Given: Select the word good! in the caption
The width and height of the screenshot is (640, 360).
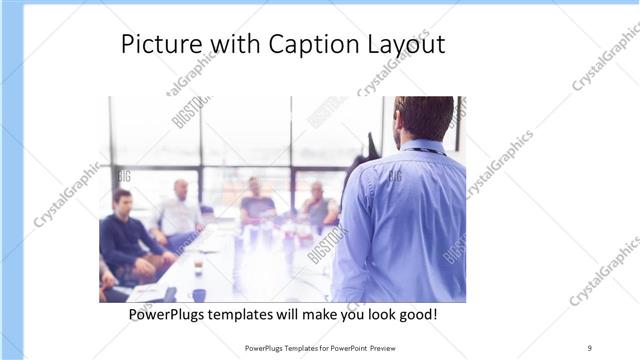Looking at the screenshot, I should click(416, 315).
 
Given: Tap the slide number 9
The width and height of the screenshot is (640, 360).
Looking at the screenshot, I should click(589, 348).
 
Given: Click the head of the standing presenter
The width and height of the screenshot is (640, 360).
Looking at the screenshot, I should click(424, 117).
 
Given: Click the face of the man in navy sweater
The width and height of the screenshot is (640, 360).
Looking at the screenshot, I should click(122, 201).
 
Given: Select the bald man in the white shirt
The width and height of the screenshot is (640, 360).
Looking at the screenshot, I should click(180, 210).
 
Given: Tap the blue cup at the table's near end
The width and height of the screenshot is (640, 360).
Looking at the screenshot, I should click(199, 295).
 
